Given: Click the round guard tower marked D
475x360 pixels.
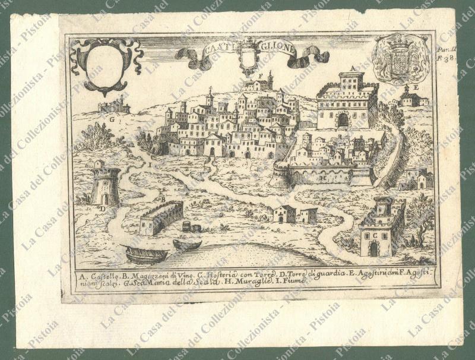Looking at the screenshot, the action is click(x=106, y=185).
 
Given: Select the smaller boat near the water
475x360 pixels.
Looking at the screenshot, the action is click(x=186, y=244).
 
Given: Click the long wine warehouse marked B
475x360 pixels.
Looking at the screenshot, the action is click(x=161, y=217).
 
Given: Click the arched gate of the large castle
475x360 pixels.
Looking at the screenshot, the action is click(x=343, y=120).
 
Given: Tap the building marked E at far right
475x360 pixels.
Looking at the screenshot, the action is click(x=410, y=98).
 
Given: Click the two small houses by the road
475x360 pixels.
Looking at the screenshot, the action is click(x=294, y=214).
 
